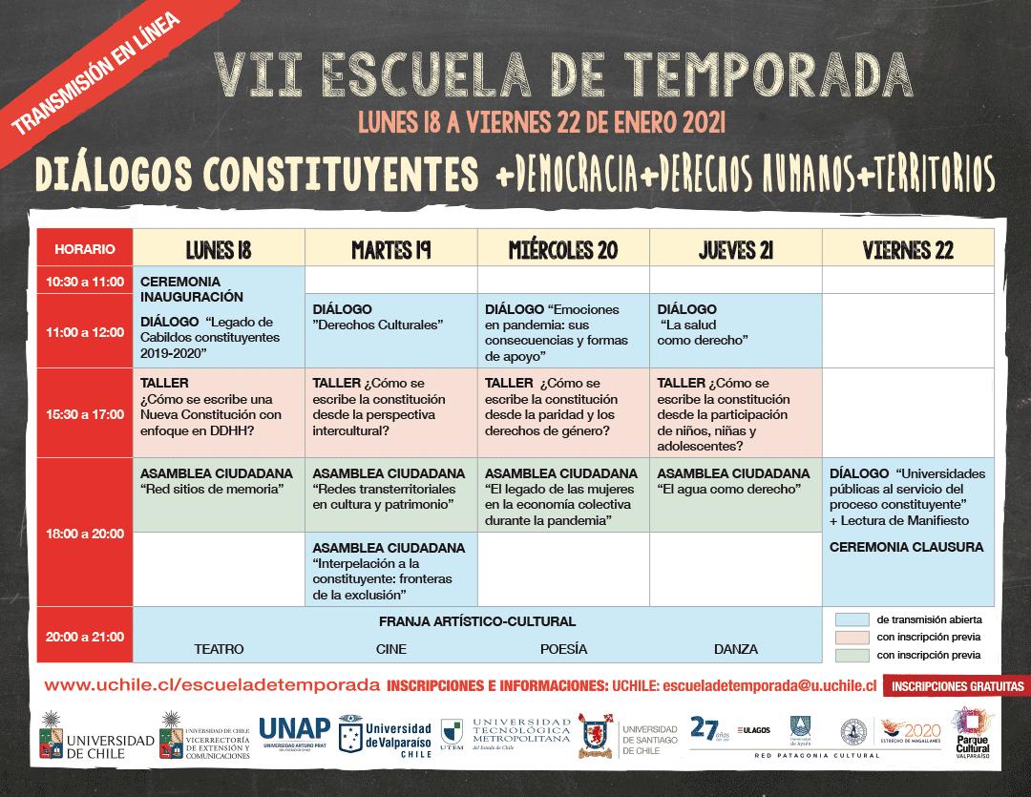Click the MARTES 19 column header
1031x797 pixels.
click(390, 250)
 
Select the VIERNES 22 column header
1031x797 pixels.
click(907, 250)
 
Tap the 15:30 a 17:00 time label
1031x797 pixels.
click(85, 414)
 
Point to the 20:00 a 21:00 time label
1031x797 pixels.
click(85, 635)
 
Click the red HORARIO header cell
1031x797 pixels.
click(85, 249)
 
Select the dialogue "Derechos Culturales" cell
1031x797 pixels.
click(390, 329)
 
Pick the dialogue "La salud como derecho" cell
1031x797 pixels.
click(735, 329)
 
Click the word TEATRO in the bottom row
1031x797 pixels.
click(219, 649)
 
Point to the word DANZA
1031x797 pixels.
click(735, 649)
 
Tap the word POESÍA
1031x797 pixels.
click(563, 649)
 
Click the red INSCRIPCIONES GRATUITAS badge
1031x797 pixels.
click(956, 685)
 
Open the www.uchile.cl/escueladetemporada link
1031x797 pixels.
click(212, 685)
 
